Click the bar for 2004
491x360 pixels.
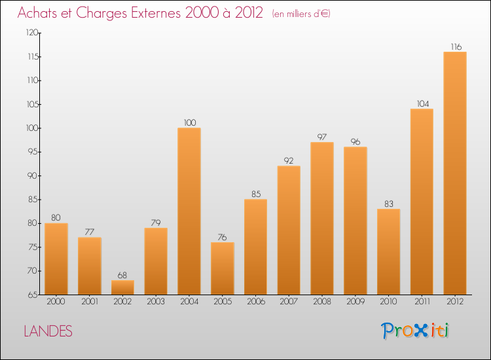click(x=189, y=211)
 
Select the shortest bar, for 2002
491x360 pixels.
click(x=122, y=287)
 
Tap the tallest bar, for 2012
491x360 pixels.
click(x=455, y=173)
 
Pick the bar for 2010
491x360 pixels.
click(x=388, y=251)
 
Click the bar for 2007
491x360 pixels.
click(x=289, y=230)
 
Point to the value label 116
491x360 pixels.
click(x=455, y=46)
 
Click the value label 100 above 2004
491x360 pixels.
click(x=189, y=122)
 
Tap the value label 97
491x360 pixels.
click(x=322, y=137)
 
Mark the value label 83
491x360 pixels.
click(x=388, y=204)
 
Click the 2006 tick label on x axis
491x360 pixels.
click(x=255, y=302)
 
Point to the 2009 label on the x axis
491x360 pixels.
click(x=355, y=302)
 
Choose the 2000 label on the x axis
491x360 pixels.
click(x=56, y=302)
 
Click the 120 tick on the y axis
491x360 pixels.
click(x=31, y=33)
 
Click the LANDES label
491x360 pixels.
click(x=48, y=331)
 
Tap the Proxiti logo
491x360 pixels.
click(x=416, y=331)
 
